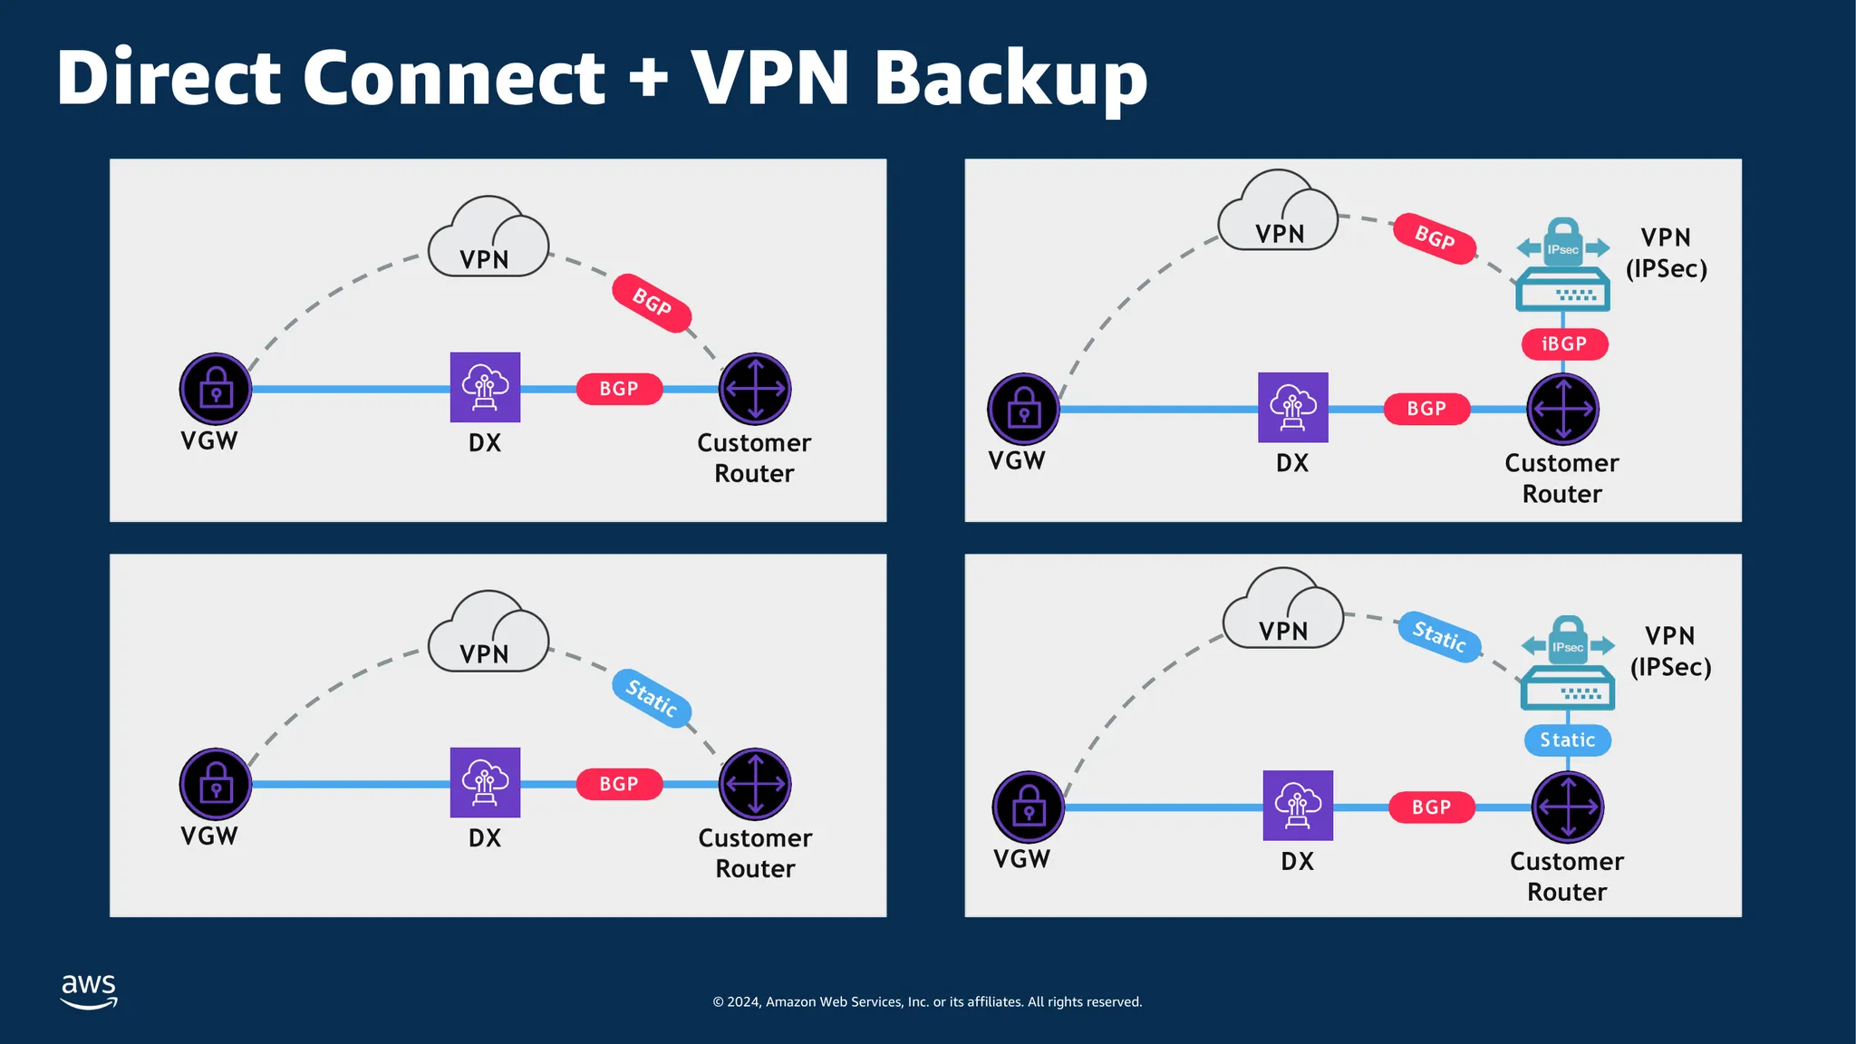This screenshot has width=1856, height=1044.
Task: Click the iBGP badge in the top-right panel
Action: pos(1564,344)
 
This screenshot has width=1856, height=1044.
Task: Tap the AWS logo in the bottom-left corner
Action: pos(89,991)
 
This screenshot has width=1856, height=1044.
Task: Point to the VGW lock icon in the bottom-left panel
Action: pos(216,784)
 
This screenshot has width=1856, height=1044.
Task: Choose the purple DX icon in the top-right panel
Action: pos(1293,408)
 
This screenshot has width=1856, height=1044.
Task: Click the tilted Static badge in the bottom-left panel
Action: pos(652,697)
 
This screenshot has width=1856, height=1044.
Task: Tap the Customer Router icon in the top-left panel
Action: pos(755,389)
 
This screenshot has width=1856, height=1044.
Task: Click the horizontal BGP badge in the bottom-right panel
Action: pos(1432,807)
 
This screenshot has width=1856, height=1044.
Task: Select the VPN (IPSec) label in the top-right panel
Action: pos(1666,253)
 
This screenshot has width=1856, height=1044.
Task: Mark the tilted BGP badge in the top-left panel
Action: pos(652,303)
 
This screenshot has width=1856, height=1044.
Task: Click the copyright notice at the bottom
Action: pos(927,1001)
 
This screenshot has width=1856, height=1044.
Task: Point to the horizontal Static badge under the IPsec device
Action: pos(1568,740)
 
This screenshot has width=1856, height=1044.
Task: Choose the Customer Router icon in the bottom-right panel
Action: pos(1568,807)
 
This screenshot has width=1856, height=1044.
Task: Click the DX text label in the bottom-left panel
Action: pos(485,838)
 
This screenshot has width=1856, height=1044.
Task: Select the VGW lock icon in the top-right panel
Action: pos(1023,410)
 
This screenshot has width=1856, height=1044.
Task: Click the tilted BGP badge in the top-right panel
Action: pos(1435,238)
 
